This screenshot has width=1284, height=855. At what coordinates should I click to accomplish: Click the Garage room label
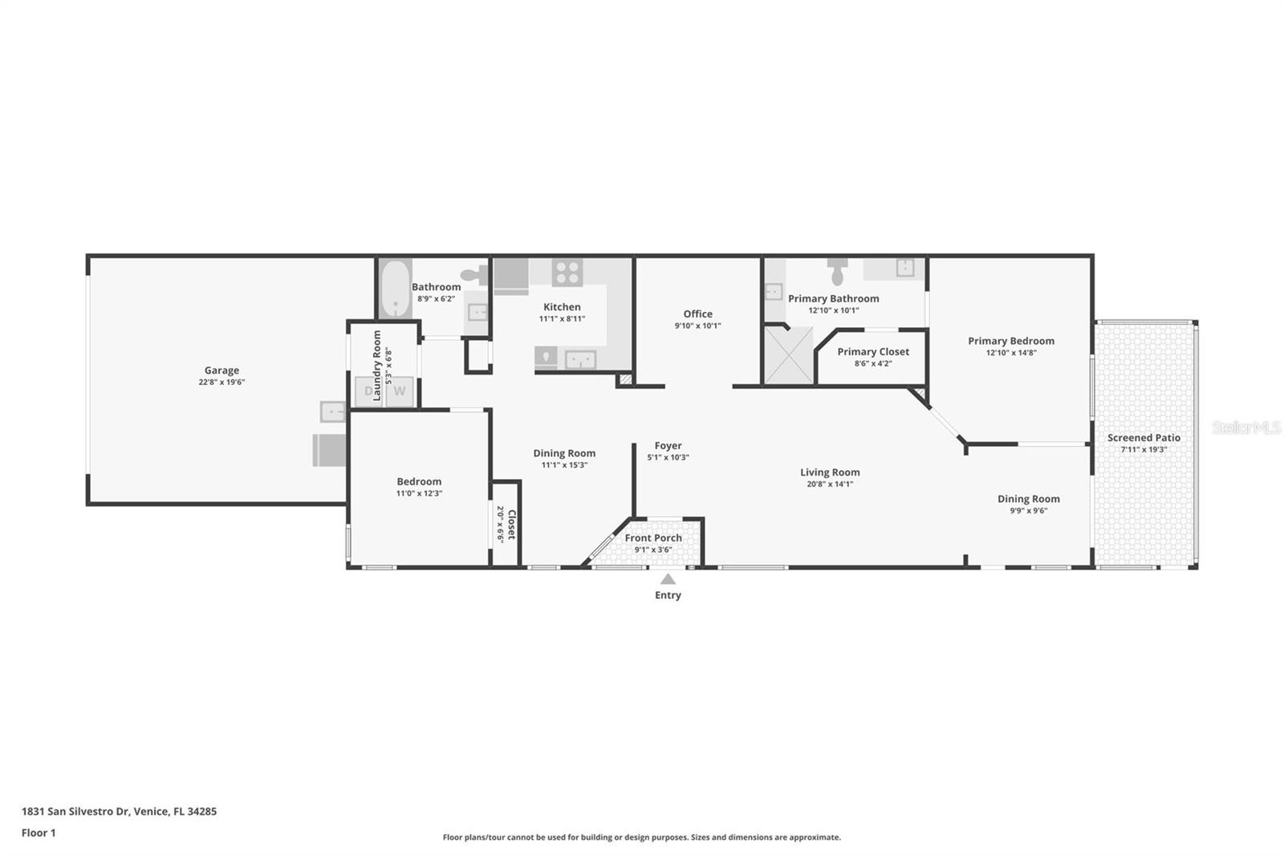pyautogui.click(x=221, y=371)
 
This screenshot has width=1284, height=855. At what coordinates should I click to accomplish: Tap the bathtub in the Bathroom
pyautogui.click(x=395, y=288)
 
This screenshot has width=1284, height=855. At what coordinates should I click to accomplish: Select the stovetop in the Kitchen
pyautogui.click(x=567, y=272)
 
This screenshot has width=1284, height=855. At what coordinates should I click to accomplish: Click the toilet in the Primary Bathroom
pyautogui.click(x=838, y=272)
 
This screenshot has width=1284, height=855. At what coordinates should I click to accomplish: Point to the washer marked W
pyautogui.click(x=400, y=391)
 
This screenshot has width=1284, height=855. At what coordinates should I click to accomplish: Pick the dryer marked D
pyautogui.click(x=368, y=391)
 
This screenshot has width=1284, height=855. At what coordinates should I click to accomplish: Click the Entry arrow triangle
pyautogui.click(x=668, y=579)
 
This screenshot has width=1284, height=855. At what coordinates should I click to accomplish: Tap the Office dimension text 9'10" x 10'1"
pyautogui.click(x=697, y=326)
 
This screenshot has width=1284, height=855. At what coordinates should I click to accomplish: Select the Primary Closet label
pyautogui.click(x=873, y=351)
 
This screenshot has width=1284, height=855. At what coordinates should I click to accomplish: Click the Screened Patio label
pyautogui.click(x=1144, y=437)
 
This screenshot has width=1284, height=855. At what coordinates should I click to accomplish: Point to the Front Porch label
pyautogui.click(x=653, y=537)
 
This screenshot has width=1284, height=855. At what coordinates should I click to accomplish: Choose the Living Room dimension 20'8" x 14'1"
pyautogui.click(x=830, y=484)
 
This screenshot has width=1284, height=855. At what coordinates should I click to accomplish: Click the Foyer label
pyautogui.click(x=668, y=445)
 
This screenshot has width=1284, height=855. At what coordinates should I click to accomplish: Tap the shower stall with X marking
pyautogui.click(x=789, y=355)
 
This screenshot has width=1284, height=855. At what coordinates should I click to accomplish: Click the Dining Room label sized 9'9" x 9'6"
pyautogui.click(x=1028, y=499)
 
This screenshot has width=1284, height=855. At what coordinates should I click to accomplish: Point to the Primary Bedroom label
pyautogui.click(x=1011, y=341)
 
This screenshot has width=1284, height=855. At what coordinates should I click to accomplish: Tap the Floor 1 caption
pyautogui.click(x=39, y=833)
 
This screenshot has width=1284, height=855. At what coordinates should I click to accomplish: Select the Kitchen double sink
pyautogui.click(x=580, y=360)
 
